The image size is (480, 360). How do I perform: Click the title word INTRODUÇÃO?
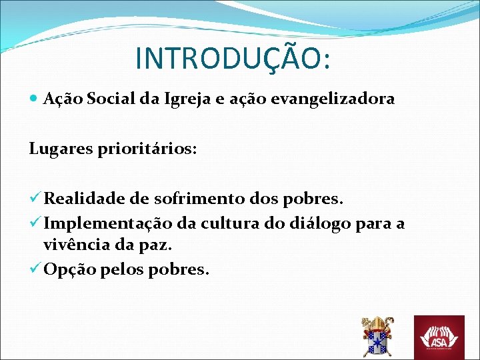pyautogui.click(x=231, y=58)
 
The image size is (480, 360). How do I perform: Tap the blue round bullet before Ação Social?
pyautogui.click(x=34, y=99)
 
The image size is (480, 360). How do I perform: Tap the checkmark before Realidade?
pyautogui.click(x=35, y=199)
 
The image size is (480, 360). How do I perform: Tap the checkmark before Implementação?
pyautogui.click(x=35, y=223)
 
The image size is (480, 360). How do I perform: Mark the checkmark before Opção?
pyautogui.click(x=35, y=269)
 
